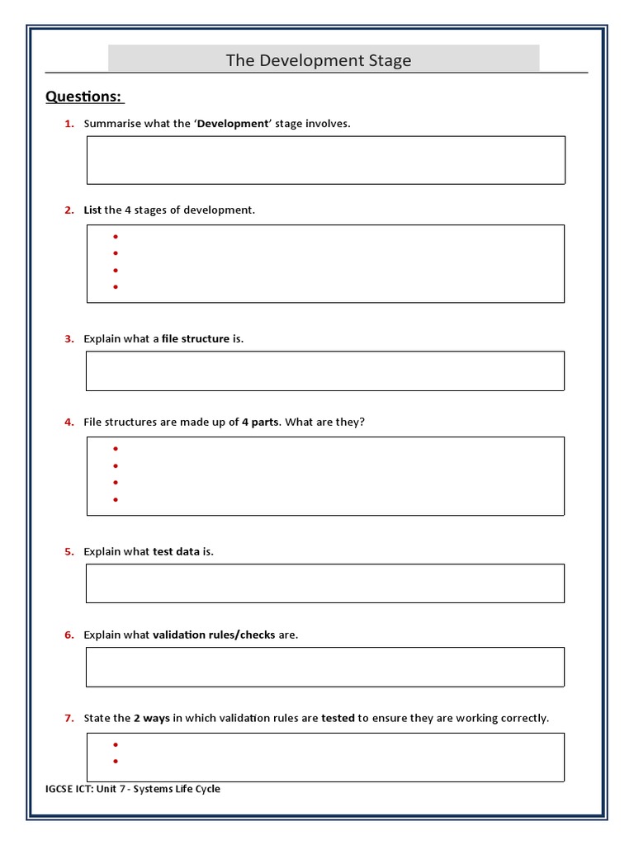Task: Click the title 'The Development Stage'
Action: [318, 60]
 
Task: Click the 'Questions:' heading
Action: [83, 97]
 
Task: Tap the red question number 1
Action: [69, 124]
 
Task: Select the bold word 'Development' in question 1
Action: [233, 124]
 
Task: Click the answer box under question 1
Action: [325, 160]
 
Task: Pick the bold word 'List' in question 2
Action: [92, 210]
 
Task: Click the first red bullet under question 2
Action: [116, 237]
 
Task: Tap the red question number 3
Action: [69, 339]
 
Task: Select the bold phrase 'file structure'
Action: [195, 339]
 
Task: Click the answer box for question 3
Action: [325, 371]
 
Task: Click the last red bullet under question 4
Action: [116, 499]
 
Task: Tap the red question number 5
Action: [69, 552]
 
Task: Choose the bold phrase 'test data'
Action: [176, 552]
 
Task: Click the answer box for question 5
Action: [325, 583]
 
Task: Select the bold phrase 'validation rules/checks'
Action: [214, 635]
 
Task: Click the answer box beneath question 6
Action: [325, 667]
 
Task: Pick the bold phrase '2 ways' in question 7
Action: [152, 719]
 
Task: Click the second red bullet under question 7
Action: [116, 762]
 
